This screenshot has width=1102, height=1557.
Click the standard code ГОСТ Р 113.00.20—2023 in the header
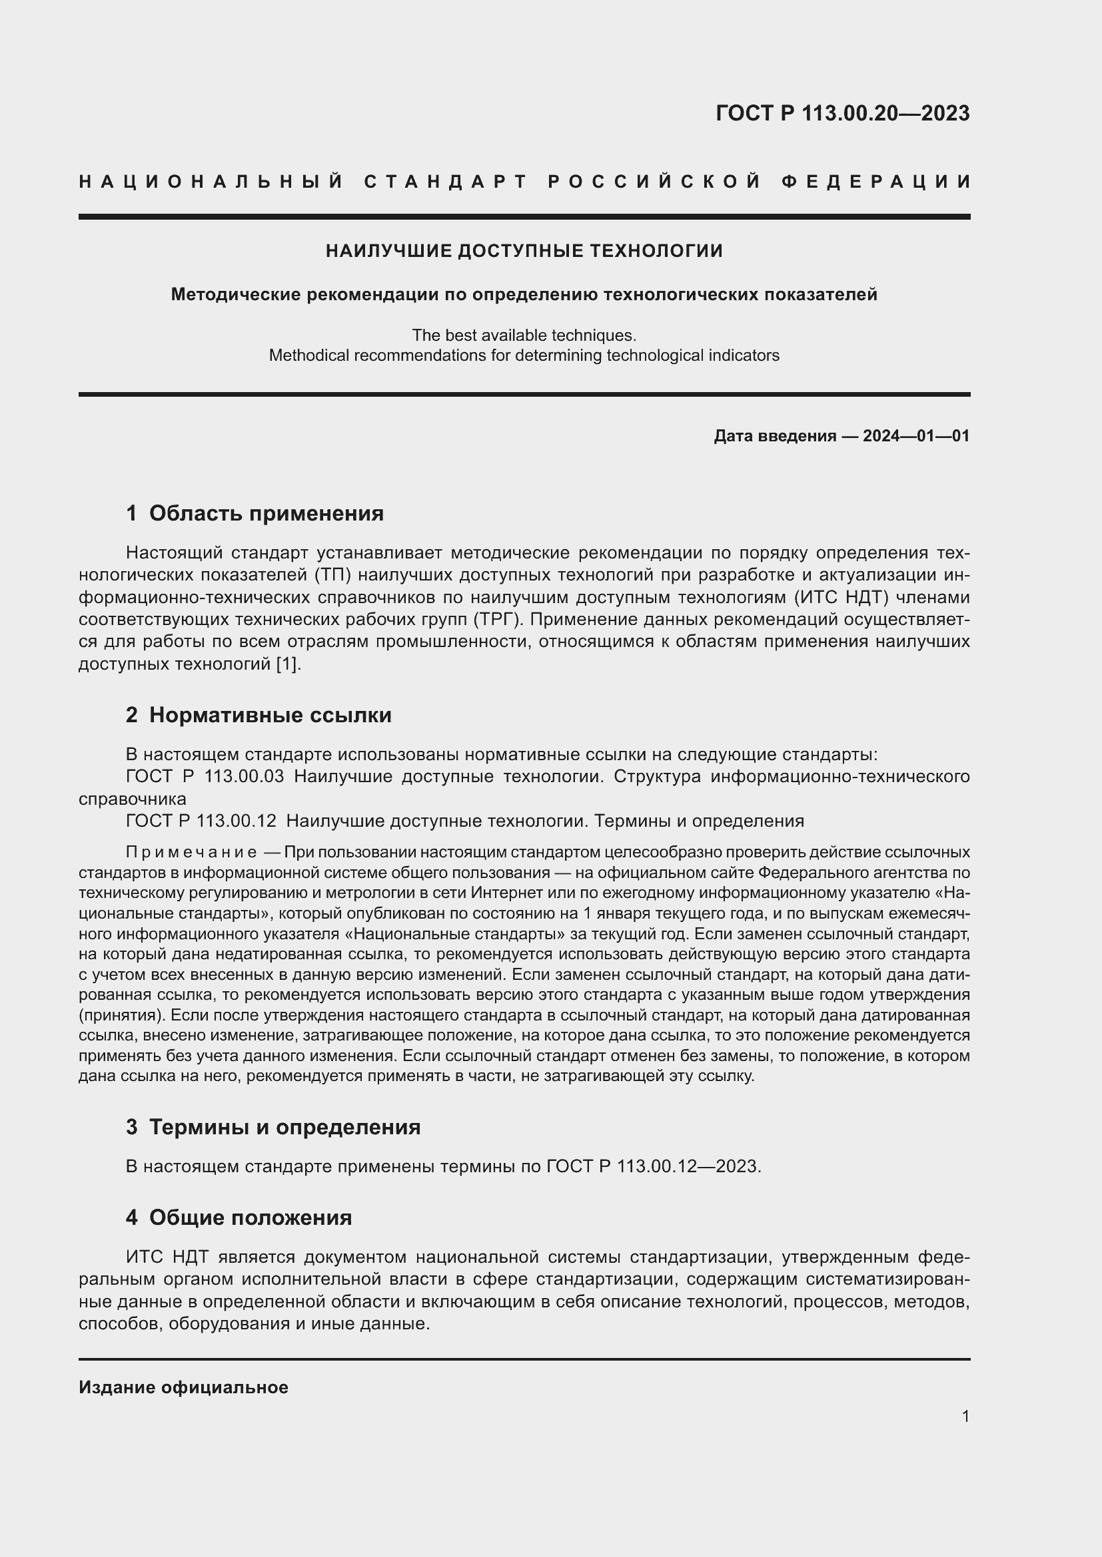(842, 113)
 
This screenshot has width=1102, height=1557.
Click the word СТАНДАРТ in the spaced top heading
(446, 182)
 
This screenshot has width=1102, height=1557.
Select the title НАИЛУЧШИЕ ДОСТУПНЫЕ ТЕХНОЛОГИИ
(524, 251)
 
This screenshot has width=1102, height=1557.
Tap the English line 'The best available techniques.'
(524, 335)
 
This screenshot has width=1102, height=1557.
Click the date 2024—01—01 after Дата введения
(916, 436)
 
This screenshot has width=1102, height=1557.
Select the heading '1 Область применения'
(255, 513)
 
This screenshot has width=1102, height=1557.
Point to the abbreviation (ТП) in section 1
(331, 575)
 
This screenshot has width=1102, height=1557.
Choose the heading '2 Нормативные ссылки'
(259, 715)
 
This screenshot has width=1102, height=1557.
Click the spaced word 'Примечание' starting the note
(191, 853)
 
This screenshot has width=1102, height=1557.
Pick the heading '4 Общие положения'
(239, 1218)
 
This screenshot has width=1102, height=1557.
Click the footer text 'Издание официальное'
(183, 1387)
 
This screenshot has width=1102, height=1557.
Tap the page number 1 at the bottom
(965, 1416)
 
